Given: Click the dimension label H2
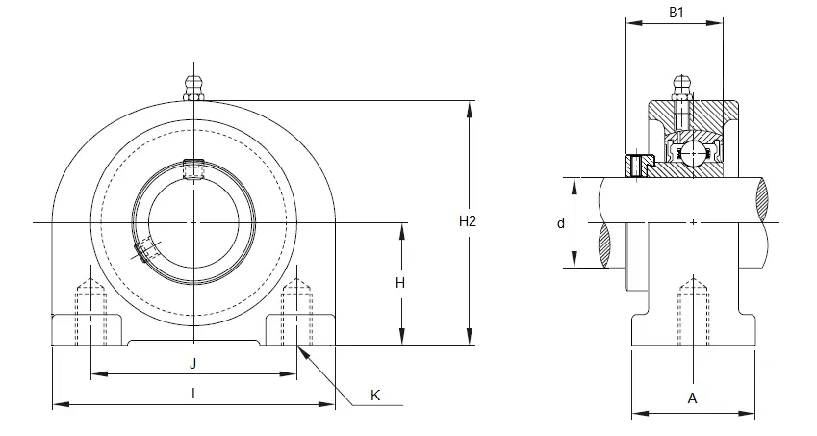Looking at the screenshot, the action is coord(468,221).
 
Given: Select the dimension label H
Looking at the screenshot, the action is coord(399,283).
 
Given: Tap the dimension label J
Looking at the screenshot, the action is coord(192,363).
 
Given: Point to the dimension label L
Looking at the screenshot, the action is coord(195,394).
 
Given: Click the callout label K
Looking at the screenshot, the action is coord(375,396).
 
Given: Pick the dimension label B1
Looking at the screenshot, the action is coord(676,13).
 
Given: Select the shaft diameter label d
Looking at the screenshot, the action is coord(561,223).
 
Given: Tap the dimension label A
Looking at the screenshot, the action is coord(692,398).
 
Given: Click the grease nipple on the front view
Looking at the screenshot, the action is coord(193,88).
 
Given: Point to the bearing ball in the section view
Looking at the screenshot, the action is coord(694,153).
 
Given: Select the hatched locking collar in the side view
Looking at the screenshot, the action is coord(639,166).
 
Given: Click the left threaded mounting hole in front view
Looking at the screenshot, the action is coord(91,312).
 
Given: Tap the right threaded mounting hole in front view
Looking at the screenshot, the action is coord(296,312).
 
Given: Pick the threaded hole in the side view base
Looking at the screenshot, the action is coord(693,312).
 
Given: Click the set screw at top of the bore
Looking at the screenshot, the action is coord(193,168).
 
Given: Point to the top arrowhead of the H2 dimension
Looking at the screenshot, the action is coord(470,109).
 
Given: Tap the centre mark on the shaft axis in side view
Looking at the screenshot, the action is coord(693,223).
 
